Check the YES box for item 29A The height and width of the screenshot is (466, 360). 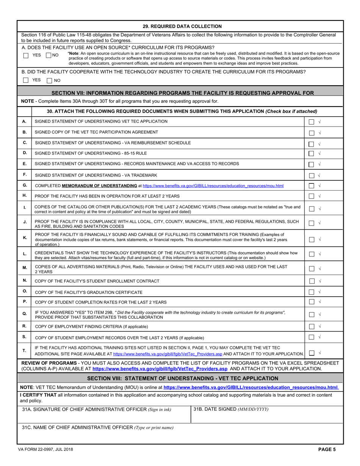pyautogui.click(x=26, y=55)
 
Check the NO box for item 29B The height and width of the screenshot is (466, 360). pyautogui.click(x=49, y=80)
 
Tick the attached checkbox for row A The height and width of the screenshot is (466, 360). pyautogui.click(x=311, y=122)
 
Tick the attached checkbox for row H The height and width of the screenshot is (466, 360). pyautogui.click(x=311, y=196)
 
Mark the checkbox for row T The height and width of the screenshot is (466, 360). pyautogui.click(x=311, y=353)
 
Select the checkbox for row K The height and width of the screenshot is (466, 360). pyautogui.click(x=311, y=239)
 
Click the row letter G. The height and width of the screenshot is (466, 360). pyautogui.click(x=25, y=185)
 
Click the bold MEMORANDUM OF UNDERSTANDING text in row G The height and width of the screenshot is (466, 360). pyautogui.click(x=99, y=186)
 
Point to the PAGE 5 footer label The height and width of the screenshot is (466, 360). pyautogui.click(x=327, y=450)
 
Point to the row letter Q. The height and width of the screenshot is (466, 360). pyautogui.click(x=25, y=314)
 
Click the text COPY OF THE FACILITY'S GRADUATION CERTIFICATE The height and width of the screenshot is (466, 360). pyautogui.click(x=89, y=292)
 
